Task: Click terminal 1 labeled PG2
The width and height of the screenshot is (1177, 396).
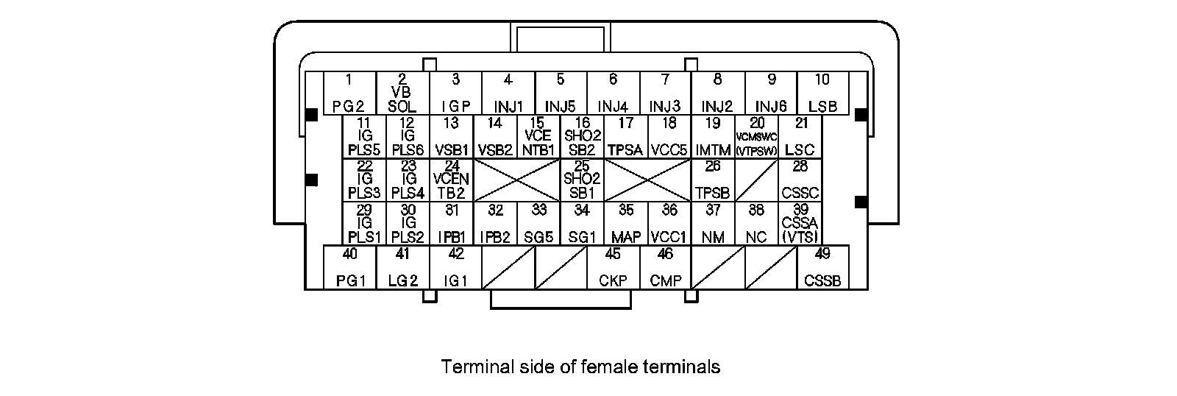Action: (x=349, y=93)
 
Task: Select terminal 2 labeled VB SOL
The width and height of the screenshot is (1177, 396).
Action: (x=402, y=93)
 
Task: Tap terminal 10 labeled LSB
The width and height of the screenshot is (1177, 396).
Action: (x=822, y=93)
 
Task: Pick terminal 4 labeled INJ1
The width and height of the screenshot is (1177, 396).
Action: (x=508, y=93)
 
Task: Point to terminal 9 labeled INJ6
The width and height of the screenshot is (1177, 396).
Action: (x=771, y=93)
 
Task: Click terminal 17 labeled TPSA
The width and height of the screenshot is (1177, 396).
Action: (x=626, y=137)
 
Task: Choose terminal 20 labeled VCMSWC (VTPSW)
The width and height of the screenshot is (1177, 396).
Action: (x=756, y=137)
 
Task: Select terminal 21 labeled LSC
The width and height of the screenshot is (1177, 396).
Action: (x=800, y=137)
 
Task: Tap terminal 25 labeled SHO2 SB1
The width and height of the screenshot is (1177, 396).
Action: (x=582, y=180)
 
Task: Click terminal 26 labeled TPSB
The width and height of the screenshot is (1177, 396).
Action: (x=713, y=180)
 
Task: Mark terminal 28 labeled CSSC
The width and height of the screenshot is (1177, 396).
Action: (x=800, y=180)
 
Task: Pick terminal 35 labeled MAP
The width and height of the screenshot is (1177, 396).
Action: (x=626, y=224)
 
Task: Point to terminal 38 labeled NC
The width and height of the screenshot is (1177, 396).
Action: (x=756, y=224)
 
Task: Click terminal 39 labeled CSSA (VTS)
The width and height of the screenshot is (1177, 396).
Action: (x=800, y=224)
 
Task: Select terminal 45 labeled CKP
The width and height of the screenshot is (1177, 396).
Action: (x=613, y=267)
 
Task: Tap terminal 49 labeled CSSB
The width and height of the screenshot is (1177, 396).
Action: (x=822, y=267)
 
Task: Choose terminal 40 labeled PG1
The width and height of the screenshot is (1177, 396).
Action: (x=350, y=267)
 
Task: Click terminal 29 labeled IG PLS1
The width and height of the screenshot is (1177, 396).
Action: (x=364, y=224)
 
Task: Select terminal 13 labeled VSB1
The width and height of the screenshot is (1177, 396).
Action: (x=452, y=137)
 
